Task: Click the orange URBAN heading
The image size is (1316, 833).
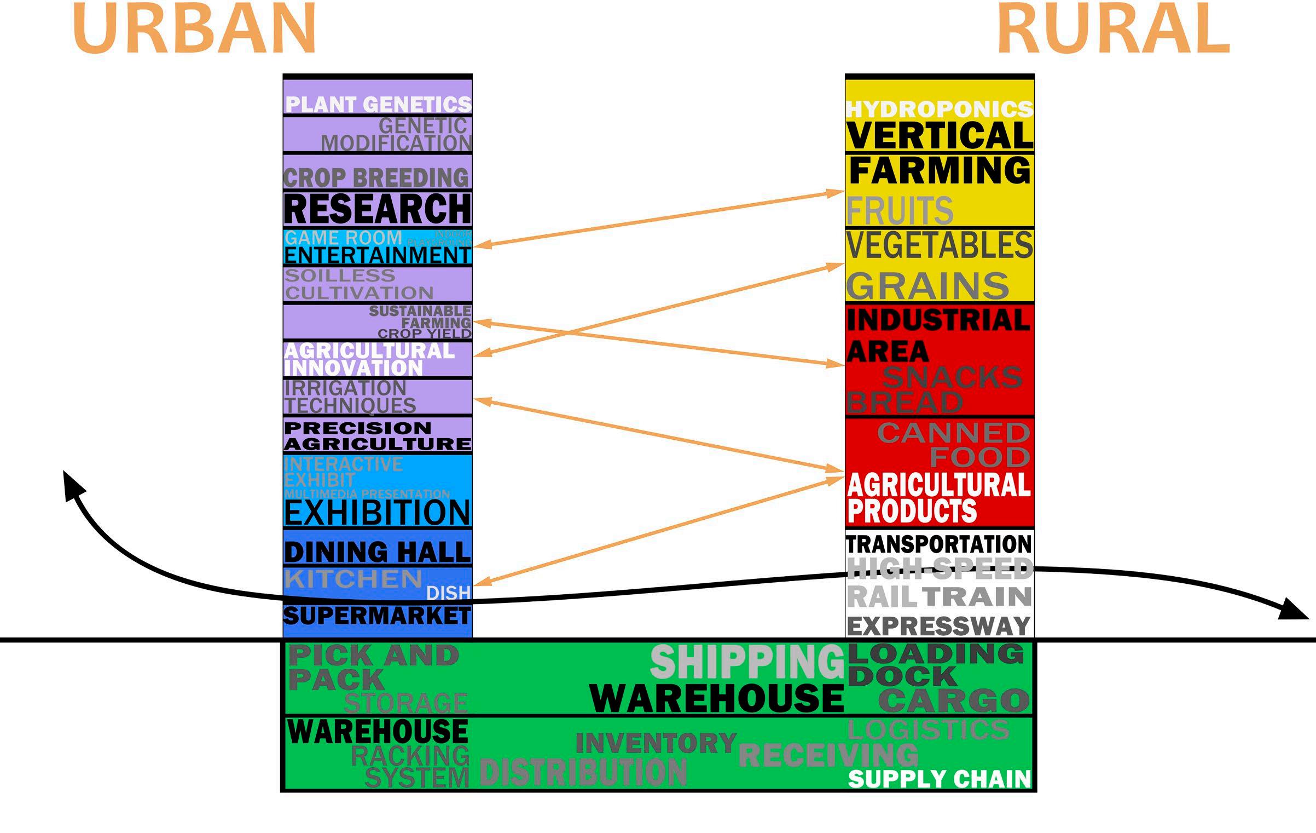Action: point(194,28)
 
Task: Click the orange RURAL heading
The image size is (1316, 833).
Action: point(1114,28)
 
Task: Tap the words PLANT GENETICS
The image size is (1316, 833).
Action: point(378,104)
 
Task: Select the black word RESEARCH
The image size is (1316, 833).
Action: point(378,209)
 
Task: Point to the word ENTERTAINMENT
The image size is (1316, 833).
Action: point(378,256)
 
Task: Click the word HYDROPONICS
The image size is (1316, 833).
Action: point(940,109)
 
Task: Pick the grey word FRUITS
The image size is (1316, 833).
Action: point(900,210)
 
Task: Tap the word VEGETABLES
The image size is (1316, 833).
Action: point(940,245)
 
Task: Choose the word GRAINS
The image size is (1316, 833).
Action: point(927,286)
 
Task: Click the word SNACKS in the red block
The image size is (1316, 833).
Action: point(952,377)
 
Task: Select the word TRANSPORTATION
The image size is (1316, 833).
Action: point(939,544)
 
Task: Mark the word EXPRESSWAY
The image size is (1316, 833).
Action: point(939,625)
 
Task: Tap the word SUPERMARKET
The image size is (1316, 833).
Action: point(377,616)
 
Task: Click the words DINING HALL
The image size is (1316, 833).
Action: point(378,551)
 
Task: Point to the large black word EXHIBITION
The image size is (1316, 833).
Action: point(378,513)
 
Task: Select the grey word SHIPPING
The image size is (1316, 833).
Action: point(747,662)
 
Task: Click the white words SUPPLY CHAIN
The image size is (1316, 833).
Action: point(939,779)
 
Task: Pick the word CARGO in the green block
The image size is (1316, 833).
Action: point(954,700)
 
